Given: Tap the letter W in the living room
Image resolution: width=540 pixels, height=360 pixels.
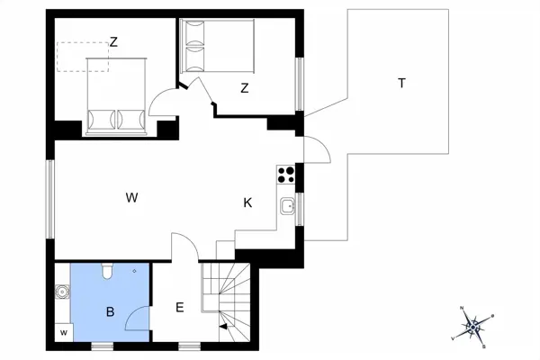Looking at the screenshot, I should (131, 197).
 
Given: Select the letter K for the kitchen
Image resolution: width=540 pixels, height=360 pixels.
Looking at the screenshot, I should (247, 203).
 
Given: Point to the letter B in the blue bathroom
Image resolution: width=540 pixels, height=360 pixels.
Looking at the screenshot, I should (110, 312).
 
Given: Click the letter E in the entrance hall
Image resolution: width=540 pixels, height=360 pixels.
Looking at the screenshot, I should (179, 308).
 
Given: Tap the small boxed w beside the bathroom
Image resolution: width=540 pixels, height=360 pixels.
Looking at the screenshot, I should (64, 333).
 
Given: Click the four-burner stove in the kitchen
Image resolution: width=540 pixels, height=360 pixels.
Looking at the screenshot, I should (288, 174).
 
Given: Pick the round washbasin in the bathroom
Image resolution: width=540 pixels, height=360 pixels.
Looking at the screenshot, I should (63, 292).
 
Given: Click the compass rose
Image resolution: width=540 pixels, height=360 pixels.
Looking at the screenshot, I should (475, 325).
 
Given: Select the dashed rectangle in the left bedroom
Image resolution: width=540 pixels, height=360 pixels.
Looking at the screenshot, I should (82, 57).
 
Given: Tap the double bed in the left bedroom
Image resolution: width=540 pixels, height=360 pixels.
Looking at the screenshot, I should (116, 94).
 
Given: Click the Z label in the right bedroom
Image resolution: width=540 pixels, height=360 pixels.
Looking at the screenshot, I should (244, 87).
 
